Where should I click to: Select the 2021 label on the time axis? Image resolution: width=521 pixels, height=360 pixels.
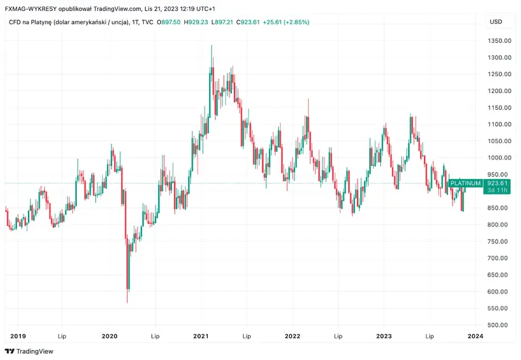coord(201,337)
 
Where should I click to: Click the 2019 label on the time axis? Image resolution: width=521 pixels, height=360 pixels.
coord(18,337)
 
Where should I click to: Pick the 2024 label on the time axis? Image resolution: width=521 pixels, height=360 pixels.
coord(475,337)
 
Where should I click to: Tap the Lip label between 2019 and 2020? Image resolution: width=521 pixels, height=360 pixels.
coord(63,337)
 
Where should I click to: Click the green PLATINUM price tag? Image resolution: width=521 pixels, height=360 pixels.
coord(466,184)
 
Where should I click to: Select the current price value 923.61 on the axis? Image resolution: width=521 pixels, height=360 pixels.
coord(497,184)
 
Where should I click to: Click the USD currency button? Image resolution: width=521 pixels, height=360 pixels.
coord(496,21)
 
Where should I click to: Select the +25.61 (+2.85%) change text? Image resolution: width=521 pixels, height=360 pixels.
coord(283,22)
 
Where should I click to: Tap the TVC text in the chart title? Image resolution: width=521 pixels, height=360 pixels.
coord(147,22)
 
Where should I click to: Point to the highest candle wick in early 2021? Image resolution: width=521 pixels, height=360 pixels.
coord(211,46)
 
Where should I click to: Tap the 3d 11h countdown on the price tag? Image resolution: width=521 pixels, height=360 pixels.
coord(497,191)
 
